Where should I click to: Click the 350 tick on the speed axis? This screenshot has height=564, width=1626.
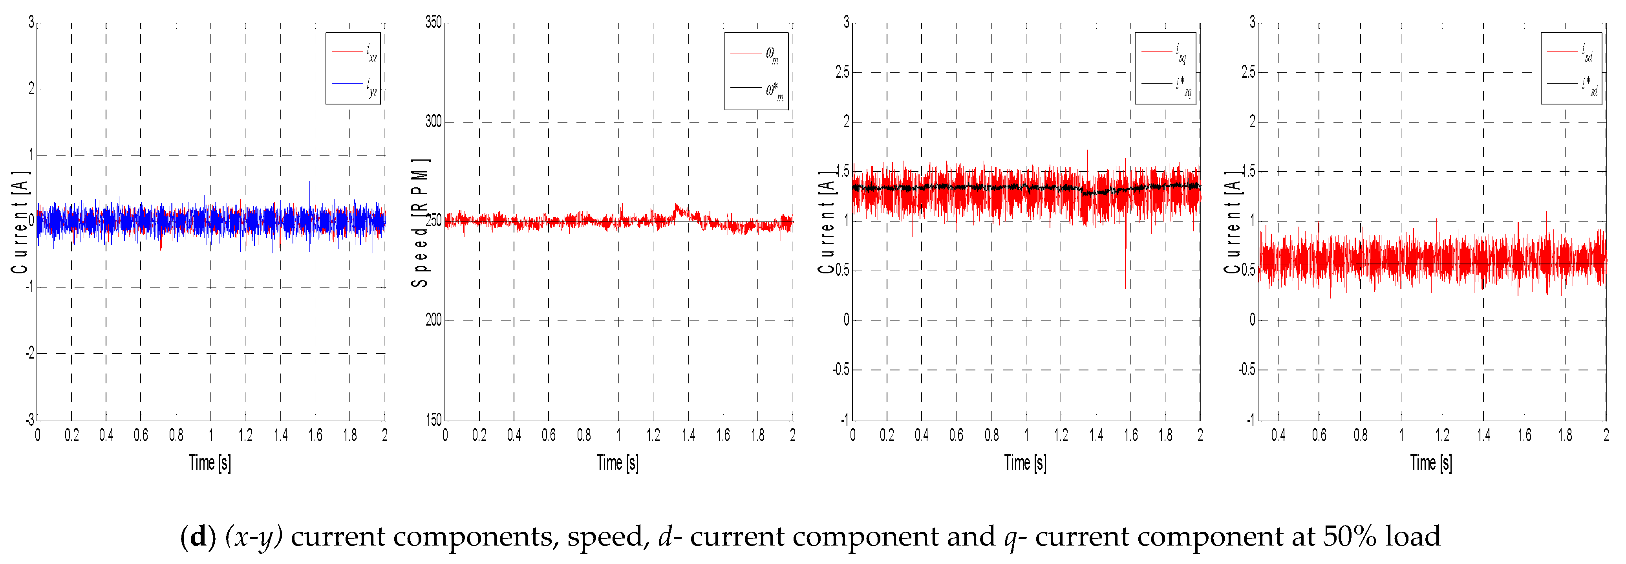[433, 23]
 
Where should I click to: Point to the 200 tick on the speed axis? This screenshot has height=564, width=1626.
[433, 320]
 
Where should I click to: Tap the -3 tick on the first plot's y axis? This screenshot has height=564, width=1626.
[30, 420]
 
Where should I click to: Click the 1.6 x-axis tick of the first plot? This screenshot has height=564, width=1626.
[315, 435]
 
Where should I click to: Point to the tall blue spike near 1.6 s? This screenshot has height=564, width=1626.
[309, 189]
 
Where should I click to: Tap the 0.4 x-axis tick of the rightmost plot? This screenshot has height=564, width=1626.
[1278, 435]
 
